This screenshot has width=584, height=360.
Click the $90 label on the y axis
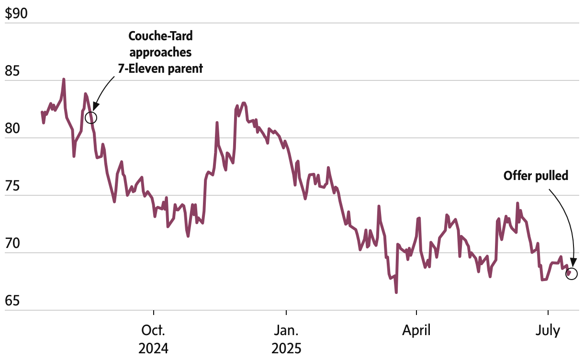[x=16, y=14]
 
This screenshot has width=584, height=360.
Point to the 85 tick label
[x=12, y=73]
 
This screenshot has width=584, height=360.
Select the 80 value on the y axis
[x=12, y=130]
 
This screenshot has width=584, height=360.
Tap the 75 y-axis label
[x=12, y=187]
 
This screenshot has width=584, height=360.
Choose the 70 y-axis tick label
[x=12, y=245]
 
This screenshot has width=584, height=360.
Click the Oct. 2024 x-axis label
[x=154, y=338]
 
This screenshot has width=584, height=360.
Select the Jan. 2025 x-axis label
[x=286, y=338]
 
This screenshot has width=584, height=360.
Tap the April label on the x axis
[x=417, y=330]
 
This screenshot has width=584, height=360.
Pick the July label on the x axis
[x=548, y=330]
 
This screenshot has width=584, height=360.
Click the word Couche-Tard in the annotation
[x=161, y=35]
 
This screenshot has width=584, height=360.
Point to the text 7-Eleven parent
[x=161, y=68]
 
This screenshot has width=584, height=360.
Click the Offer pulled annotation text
[x=536, y=176]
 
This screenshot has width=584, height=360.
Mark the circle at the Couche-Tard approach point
[x=90, y=117]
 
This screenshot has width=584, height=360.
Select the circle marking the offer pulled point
[x=572, y=274]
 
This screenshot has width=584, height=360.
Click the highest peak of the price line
[x=64, y=79]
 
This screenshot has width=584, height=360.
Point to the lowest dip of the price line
[x=396, y=292]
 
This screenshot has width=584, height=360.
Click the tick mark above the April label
[x=417, y=313]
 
